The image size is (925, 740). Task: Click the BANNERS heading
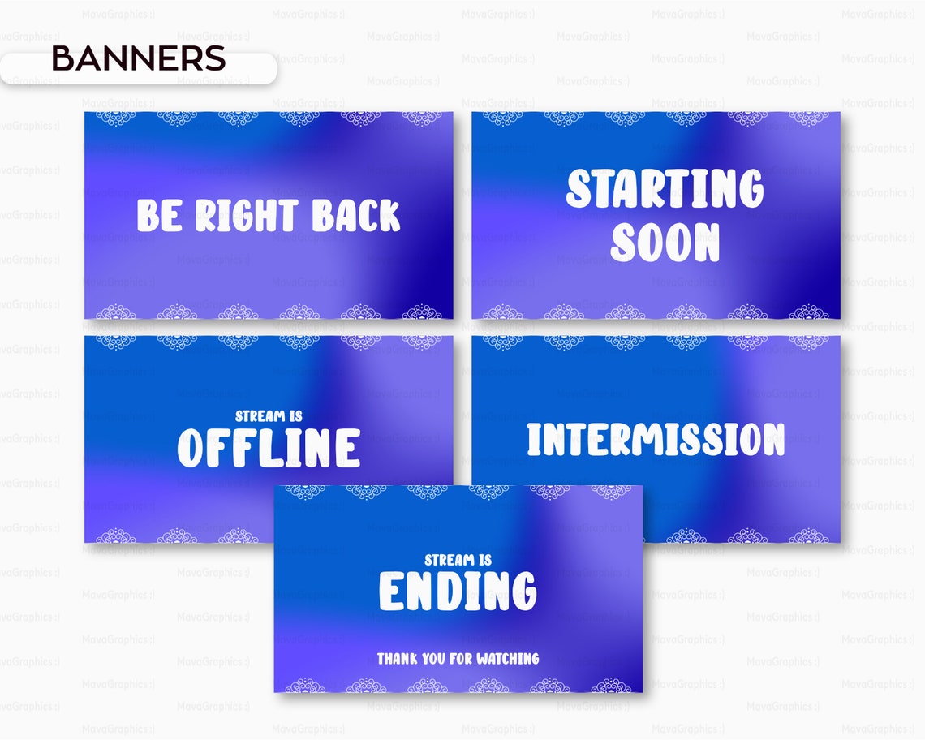(x=138, y=58)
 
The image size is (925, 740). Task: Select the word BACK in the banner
(x=356, y=216)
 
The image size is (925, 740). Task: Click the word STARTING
(x=665, y=188)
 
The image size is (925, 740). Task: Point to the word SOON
(x=665, y=242)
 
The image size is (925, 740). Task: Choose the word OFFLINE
(x=269, y=448)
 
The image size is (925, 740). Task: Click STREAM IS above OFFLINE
(x=269, y=416)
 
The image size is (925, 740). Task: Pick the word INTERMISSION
(x=656, y=439)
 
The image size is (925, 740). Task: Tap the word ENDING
(x=458, y=591)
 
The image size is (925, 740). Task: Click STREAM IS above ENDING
(x=458, y=560)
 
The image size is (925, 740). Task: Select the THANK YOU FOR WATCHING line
(x=458, y=659)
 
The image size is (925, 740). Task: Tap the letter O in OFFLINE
(x=193, y=448)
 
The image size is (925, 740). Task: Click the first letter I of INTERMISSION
(x=533, y=439)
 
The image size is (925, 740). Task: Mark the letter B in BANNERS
(x=62, y=58)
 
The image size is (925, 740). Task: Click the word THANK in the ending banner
(x=395, y=659)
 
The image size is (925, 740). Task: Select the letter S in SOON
(x=625, y=242)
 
